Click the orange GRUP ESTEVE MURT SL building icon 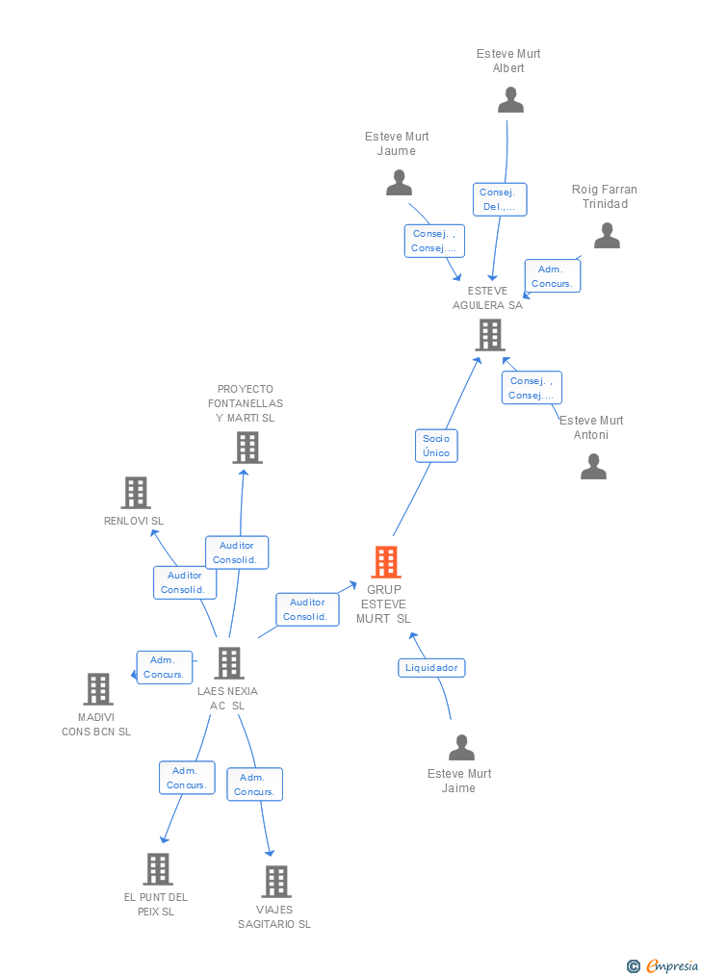click(x=385, y=562)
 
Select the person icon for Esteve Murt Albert click(x=510, y=99)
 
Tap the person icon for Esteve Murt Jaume click(x=399, y=182)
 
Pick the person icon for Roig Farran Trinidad click(x=607, y=236)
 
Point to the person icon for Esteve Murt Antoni click(x=593, y=467)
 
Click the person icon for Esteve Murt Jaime click(x=462, y=748)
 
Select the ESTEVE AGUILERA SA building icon click(x=490, y=335)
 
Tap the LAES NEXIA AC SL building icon click(x=228, y=663)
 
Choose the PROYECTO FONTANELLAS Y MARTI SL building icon click(x=247, y=448)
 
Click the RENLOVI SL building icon click(x=136, y=493)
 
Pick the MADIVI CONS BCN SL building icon click(x=98, y=689)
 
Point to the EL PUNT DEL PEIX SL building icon click(x=158, y=869)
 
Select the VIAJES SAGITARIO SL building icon click(x=275, y=882)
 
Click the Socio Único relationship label click(x=436, y=446)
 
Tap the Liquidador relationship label click(x=432, y=668)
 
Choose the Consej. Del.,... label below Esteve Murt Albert click(x=499, y=199)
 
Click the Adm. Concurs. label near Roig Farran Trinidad click(x=552, y=276)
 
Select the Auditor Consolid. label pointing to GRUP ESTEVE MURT click(x=307, y=609)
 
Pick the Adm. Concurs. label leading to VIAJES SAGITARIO click(x=254, y=784)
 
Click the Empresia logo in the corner click(x=662, y=965)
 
